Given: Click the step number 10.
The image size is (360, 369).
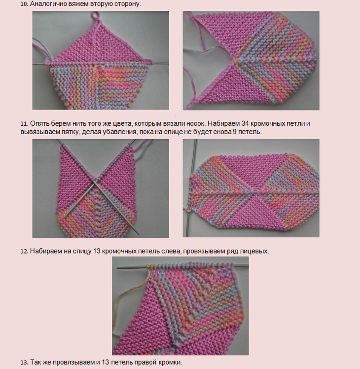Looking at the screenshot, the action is [x=24, y=4].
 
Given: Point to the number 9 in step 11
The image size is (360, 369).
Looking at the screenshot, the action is [x=235, y=132].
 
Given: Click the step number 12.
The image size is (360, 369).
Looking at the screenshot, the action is [x=24, y=251].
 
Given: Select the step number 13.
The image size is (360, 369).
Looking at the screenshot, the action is [x=24, y=362].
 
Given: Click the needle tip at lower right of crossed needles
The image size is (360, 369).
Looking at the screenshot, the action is [x=139, y=234].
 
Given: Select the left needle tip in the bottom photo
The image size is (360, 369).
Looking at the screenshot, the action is [x=118, y=268].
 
